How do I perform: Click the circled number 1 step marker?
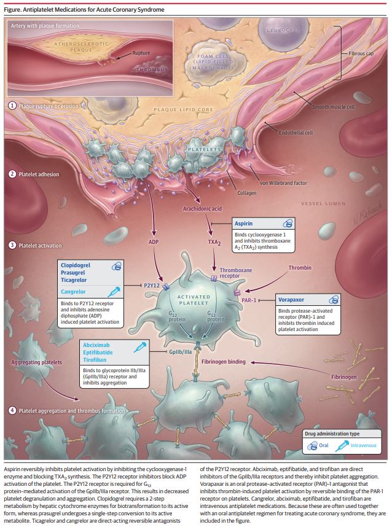click(12, 106)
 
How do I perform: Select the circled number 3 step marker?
click(12, 246)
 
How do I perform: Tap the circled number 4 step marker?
click(12, 410)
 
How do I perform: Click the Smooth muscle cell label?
click(334, 107)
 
